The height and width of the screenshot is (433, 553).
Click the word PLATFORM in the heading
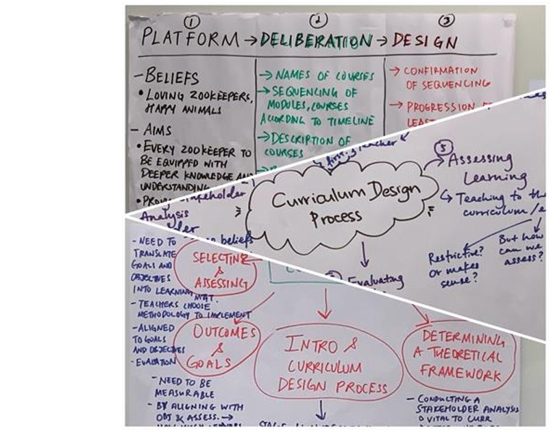click(x=189, y=39)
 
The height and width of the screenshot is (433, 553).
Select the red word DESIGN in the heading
click(x=425, y=41)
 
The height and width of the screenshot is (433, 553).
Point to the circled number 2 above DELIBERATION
click(x=319, y=19)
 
